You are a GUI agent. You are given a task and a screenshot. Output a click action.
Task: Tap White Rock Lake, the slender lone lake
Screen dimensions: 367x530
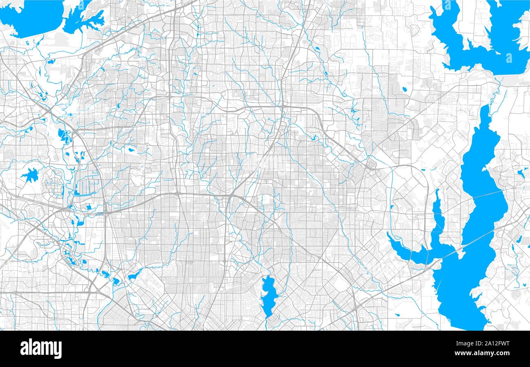[x=268, y=294]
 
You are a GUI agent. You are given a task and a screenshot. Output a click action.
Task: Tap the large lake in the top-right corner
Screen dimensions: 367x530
[x=489, y=41]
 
